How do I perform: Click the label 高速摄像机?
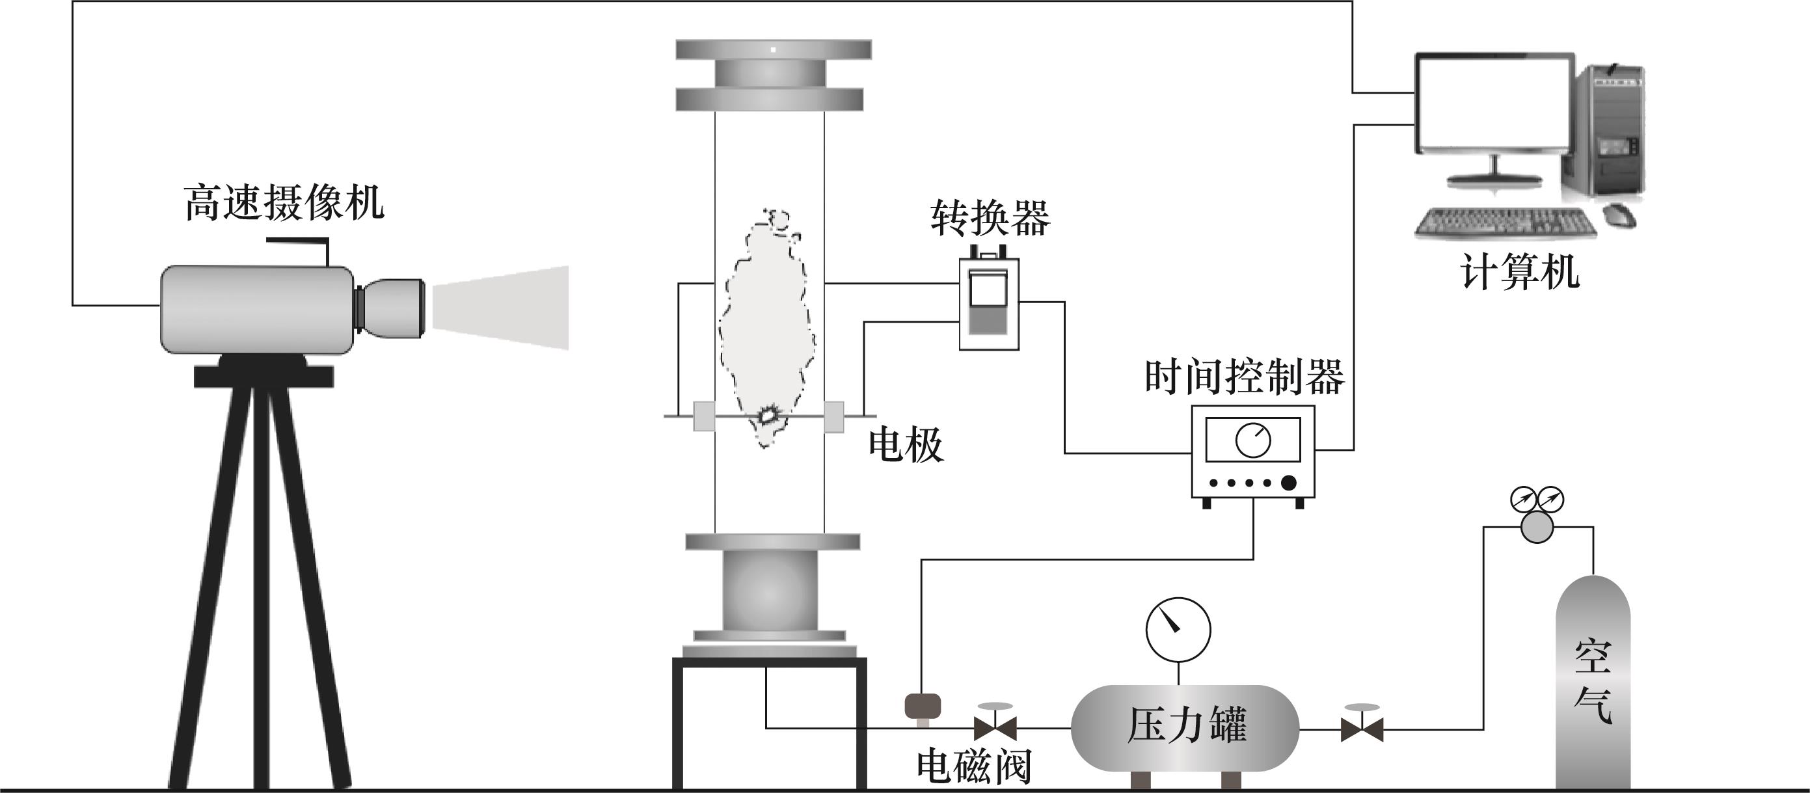coord(284,203)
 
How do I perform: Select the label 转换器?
coord(990,218)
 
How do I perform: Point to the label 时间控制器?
coord(1245,377)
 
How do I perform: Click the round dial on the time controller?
coord(1253,440)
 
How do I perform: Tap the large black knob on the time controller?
coord(1289,483)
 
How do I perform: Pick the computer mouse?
coord(1619,215)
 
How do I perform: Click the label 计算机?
coord(1520,272)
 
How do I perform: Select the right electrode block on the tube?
coord(834,416)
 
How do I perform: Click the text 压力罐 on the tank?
coord(1187,725)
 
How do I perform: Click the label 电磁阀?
coord(974,766)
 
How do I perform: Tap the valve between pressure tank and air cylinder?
coord(1362,729)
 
